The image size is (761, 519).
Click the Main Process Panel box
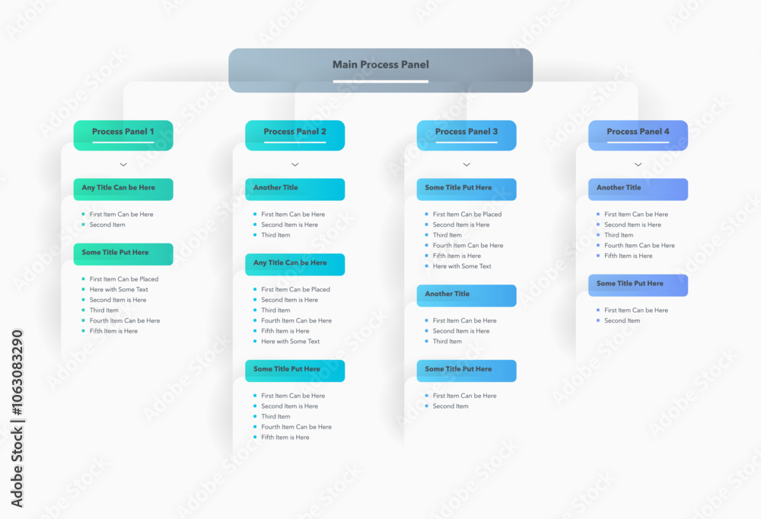coord(380,70)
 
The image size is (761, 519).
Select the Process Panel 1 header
coord(123,135)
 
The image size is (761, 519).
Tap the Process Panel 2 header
coord(295,135)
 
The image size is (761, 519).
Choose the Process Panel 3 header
coord(466,135)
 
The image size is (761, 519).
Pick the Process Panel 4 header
coord(638,135)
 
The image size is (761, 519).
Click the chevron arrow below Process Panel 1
coord(123,164)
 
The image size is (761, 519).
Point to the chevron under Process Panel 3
coord(466,164)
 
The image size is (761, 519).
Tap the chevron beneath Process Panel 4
coord(638,164)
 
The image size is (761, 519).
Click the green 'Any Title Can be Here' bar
coord(123,189)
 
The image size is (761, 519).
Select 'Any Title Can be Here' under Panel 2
coord(295,264)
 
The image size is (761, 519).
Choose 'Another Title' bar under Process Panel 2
coord(295,189)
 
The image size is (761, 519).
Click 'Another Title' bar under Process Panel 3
coord(466,295)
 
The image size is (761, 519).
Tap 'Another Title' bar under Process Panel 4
coord(638,189)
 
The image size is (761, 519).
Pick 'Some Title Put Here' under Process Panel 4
coord(638,285)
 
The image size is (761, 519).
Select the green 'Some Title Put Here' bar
coord(123,253)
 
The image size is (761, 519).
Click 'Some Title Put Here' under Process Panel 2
coord(295,371)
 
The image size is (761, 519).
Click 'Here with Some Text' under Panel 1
coord(119,290)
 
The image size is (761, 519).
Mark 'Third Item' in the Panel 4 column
coord(619,235)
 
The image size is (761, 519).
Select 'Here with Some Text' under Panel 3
coord(462,266)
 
